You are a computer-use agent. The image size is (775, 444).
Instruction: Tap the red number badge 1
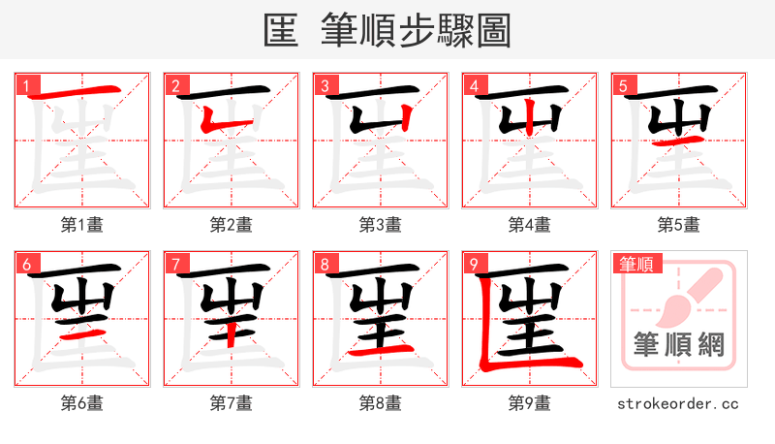click(x=24, y=85)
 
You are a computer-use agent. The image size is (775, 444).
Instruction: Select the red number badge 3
click(x=323, y=85)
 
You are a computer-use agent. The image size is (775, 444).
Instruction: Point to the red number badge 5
click(x=621, y=85)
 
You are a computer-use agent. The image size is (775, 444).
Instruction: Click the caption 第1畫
click(x=82, y=225)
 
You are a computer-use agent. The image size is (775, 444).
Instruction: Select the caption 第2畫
click(x=232, y=225)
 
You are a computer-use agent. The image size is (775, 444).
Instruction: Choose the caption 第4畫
click(x=530, y=225)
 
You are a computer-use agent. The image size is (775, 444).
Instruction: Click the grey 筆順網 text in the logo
click(x=678, y=346)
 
